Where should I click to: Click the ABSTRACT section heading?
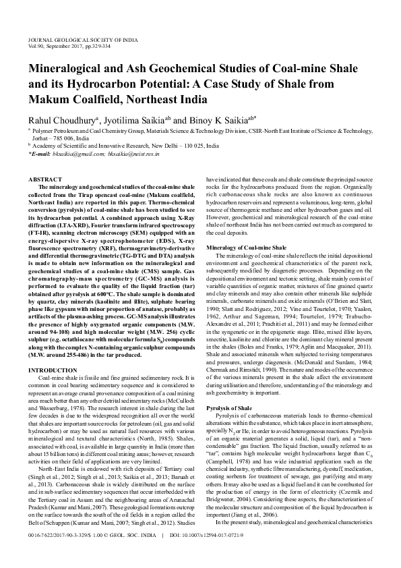[46, 179]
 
